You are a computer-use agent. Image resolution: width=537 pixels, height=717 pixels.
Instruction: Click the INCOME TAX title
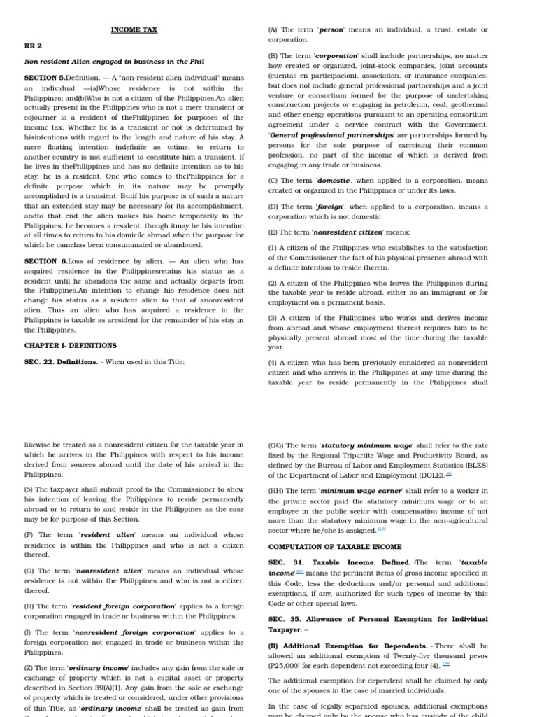click(134, 29)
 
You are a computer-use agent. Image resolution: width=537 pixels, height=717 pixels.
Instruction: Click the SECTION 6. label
click(45, 261)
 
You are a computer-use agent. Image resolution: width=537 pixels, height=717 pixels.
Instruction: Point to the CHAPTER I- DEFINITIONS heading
click(70, 345)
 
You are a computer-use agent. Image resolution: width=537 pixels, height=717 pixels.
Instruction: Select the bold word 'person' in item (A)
click(331, 29)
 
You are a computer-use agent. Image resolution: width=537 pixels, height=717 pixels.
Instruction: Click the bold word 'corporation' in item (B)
click(338, 55)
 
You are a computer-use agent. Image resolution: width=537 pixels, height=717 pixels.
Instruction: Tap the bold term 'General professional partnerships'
click(331, 134)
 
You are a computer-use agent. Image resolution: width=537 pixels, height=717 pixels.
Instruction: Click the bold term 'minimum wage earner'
click(361, 491)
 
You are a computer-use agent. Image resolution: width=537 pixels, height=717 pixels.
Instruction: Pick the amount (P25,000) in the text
click(289, 665)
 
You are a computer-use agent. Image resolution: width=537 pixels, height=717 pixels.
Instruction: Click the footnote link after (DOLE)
click(449, 474)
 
